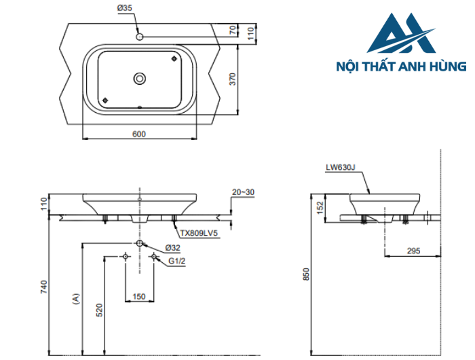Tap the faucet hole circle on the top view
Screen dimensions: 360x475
point(139,36)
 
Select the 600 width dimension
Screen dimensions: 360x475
point(138,134)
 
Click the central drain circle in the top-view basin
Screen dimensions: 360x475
point(139,79)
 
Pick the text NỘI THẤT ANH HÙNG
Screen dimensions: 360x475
point(401,67)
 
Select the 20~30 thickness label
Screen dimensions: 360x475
point(243,192)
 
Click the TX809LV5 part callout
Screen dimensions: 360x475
point(199,232)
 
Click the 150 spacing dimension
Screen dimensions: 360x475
point(138,295)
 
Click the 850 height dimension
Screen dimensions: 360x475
point(306,274)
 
